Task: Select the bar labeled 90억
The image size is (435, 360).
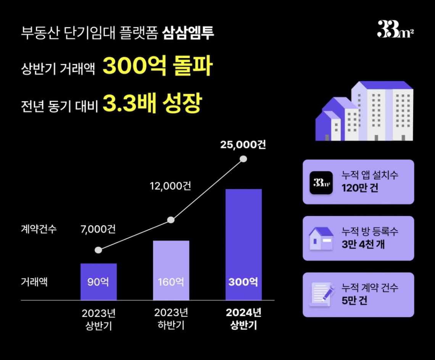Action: [98, 281]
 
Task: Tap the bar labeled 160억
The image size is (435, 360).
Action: [171, 270]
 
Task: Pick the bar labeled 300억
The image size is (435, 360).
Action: [243, 244]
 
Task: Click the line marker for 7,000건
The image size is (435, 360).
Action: [98, 250]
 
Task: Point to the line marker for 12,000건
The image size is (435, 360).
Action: [171, 220]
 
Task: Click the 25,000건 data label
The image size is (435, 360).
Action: [243, 145]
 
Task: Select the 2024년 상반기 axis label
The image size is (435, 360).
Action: [243, 319]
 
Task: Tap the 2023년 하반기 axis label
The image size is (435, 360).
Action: [171, 319]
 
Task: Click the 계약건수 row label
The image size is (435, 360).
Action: [39, 229]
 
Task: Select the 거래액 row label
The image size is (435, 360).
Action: [34, 283]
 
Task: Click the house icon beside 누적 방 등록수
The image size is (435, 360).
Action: [321, 238]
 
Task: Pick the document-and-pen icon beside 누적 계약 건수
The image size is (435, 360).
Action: [321, 294]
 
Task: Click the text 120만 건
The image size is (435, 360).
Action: [360, 188]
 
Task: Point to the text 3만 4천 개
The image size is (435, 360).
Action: [363, 244]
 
